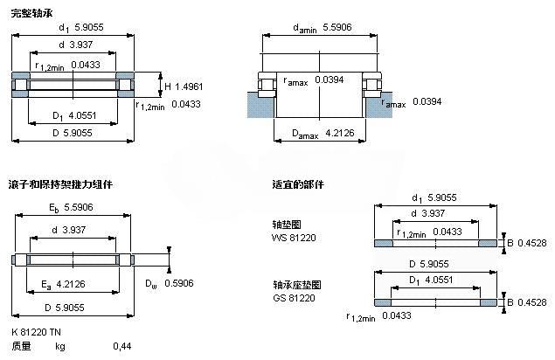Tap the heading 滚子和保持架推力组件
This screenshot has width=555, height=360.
pos(60,184)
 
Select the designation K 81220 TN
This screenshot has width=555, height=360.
pos(38,332)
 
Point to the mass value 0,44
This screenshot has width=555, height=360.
pos(122,347)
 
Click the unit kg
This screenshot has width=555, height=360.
pos(60,347)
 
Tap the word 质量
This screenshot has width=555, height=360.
pos(21,347)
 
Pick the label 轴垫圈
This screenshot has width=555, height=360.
pos(285,225)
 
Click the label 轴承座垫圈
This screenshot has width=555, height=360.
pos(291,285)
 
